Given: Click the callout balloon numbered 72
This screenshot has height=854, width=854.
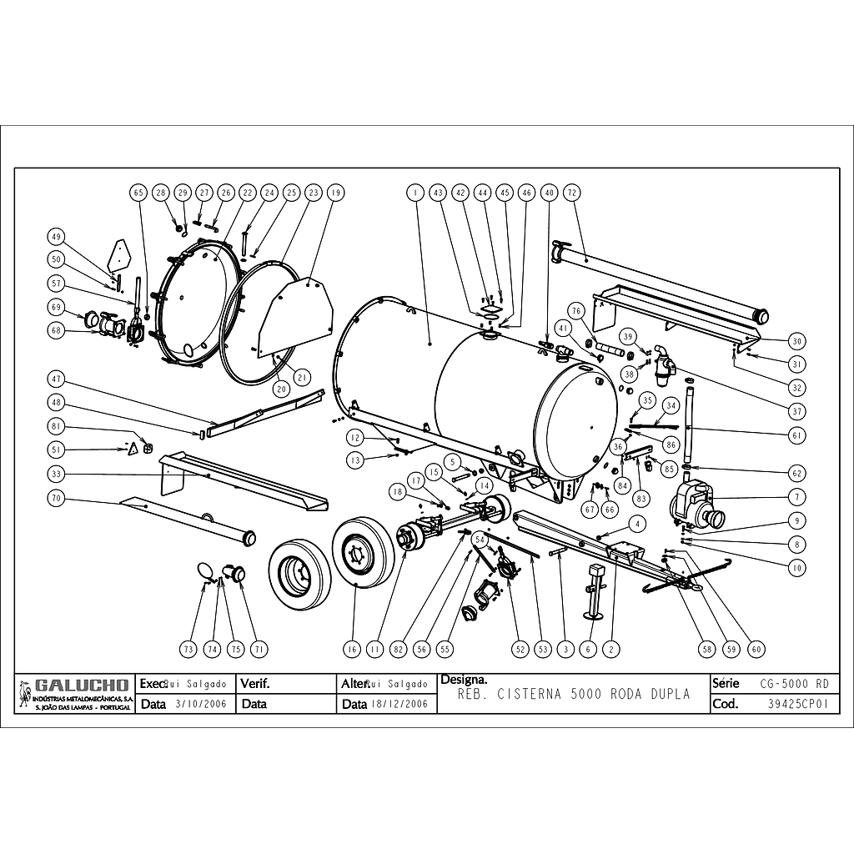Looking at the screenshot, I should (x=571, y=193).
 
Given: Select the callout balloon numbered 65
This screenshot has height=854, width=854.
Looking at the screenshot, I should (x=138, y=193).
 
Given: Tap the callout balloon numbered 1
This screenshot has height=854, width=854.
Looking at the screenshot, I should (x=414, y=193).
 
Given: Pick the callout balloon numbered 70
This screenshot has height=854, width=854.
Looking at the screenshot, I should (x=57, y=499).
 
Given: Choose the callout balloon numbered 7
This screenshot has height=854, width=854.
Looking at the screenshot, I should (x=796, y=497).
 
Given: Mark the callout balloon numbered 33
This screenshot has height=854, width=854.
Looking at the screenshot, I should (x=57, y=475).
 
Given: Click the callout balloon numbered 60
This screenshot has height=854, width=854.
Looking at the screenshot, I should (x=756, y=648).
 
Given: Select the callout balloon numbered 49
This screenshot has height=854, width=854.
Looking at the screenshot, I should (x=57, y=235).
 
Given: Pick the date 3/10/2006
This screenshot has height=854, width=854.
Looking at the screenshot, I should (x=197, y=704).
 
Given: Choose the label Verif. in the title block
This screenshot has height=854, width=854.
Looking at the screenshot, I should (x=255, y=684).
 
